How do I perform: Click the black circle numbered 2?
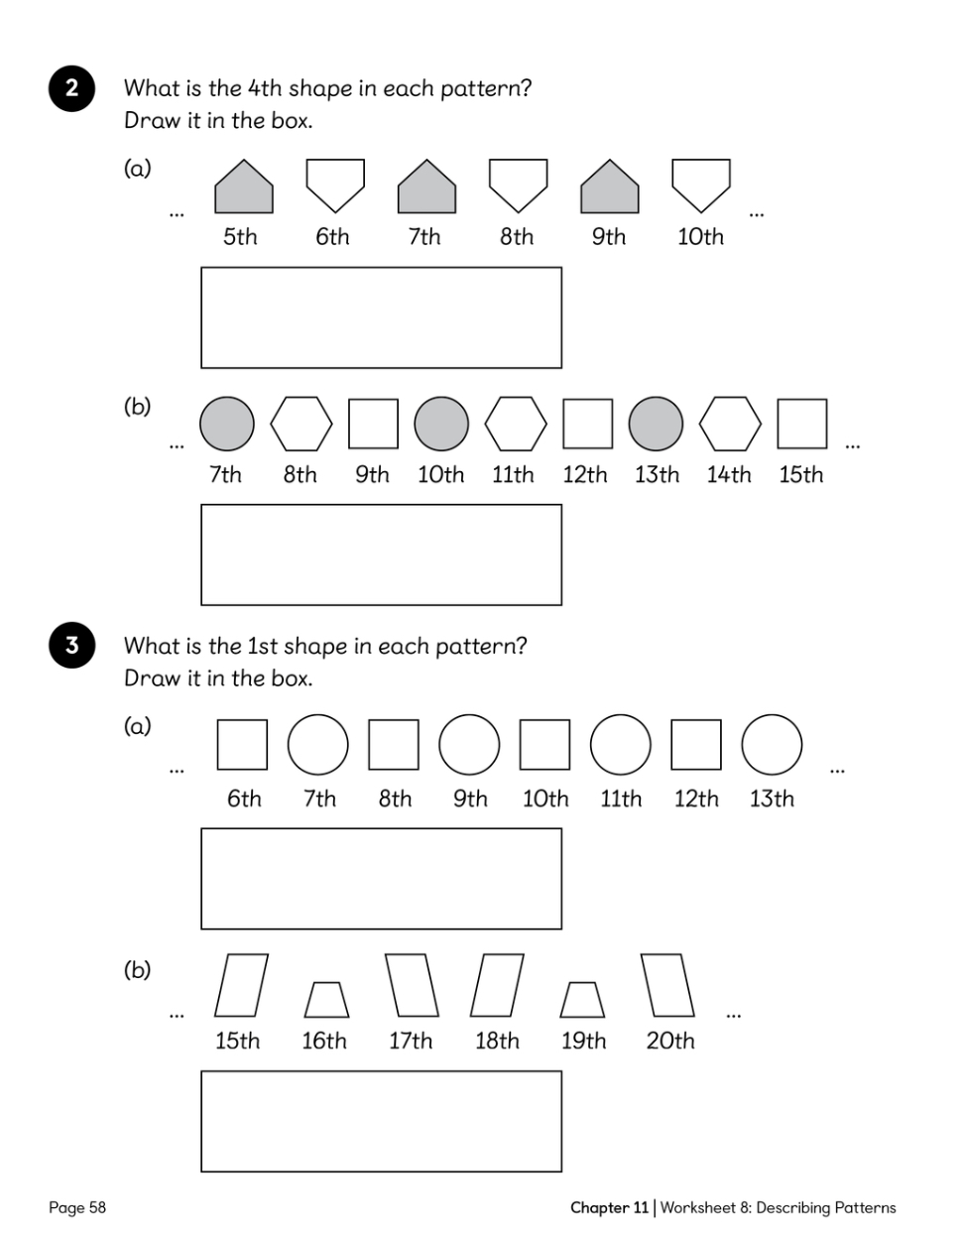coord(71,88)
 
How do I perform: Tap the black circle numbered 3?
coord(71,645)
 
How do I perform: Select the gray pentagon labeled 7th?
coord(426,186)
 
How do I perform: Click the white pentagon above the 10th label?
coord(701,186)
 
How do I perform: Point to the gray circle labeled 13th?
coord(656,424)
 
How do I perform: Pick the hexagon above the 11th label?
coord(516,424)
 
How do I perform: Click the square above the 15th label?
coord(802,424)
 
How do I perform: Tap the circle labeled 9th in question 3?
coord(469,745)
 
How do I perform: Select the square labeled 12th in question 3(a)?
coord(696,745)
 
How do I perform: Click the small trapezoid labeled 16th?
coord(327,999)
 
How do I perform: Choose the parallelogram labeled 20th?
coord(667,985)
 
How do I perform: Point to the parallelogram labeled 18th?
coord(497,985)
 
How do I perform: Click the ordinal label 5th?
coord(240,237)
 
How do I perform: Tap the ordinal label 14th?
coord(728,474)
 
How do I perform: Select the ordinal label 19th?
coord(583,1041)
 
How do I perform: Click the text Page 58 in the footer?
coord(77,1207)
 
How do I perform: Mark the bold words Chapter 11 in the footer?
coord(609,1207)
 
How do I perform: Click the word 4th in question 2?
coord(266,88)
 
